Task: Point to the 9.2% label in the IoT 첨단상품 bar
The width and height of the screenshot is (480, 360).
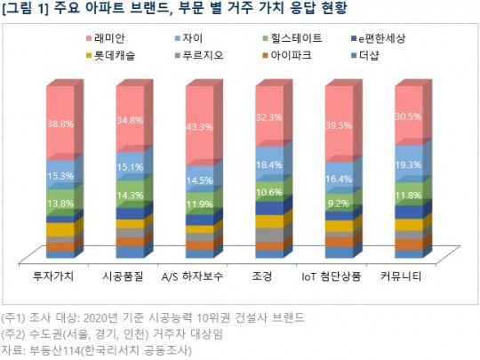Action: click(339, 202)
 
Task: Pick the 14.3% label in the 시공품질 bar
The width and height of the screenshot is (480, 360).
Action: click(130, 195)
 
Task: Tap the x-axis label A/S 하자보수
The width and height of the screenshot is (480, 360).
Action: click(199, 276)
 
